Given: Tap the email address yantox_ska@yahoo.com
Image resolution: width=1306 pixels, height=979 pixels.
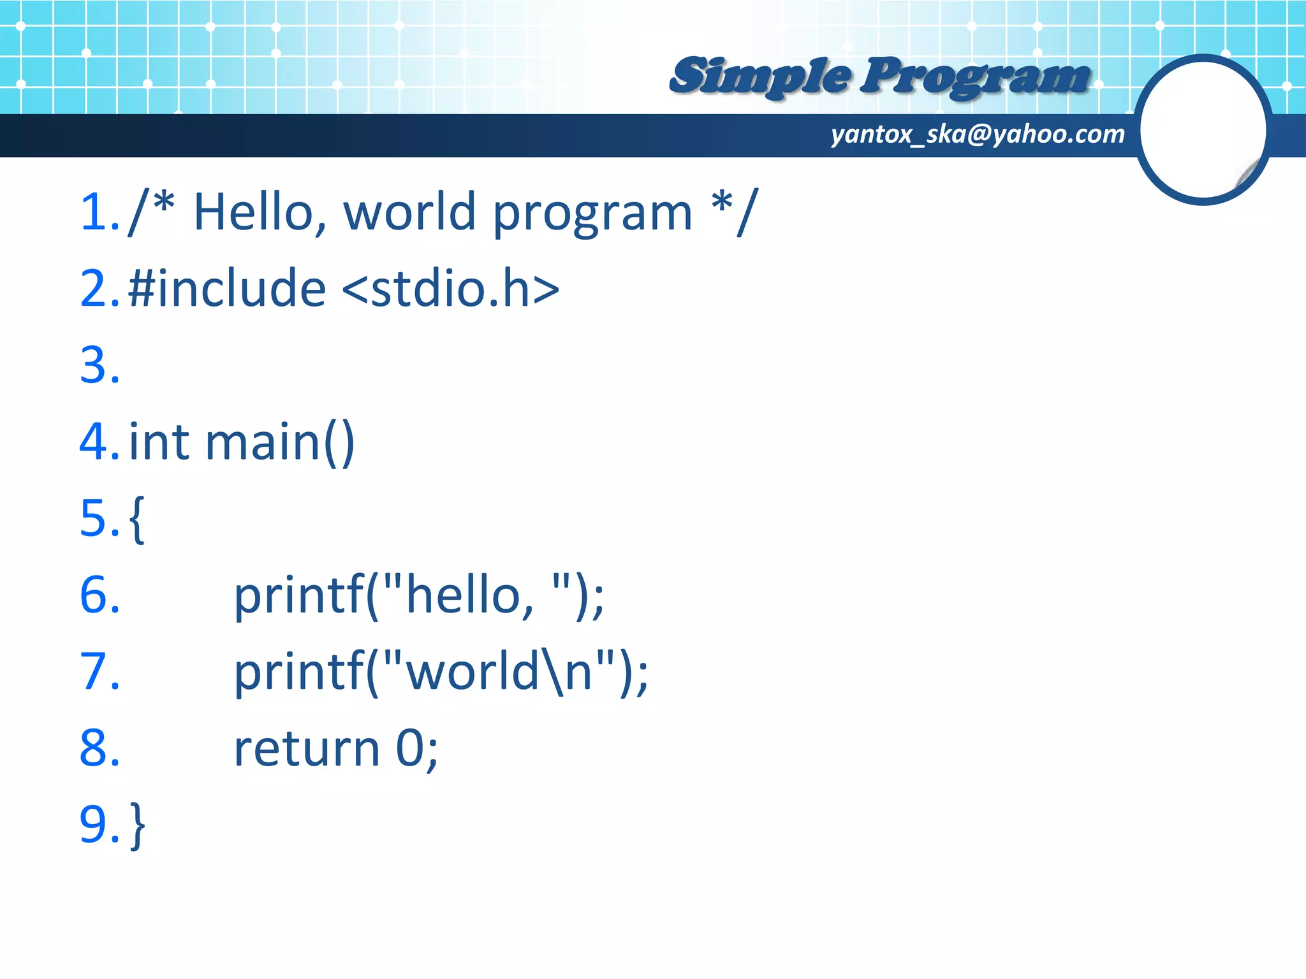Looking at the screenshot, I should pos(977,134).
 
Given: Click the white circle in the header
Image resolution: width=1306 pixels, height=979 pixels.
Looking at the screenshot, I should pos(1202,129).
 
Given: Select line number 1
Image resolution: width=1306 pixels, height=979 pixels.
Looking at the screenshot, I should pos(97,212).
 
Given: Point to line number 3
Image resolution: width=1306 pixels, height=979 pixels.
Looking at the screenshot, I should pos(97,365).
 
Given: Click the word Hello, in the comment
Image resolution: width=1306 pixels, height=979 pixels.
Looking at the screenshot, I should pos(260,212).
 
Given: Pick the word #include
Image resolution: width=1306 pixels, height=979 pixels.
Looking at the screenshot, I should pos(226,289).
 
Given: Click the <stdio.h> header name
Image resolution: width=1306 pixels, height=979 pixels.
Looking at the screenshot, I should pos(450,289).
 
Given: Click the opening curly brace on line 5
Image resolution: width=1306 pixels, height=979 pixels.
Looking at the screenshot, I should pos(136,519).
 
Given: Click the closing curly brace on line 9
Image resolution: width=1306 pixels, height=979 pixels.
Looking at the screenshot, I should pos(138,825).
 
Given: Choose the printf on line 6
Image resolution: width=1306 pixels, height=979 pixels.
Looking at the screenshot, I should pos(298,596).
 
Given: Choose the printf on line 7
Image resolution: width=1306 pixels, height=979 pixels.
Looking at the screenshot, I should pos(298,672).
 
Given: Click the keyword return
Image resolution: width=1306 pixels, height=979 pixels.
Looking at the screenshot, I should pos(307,749).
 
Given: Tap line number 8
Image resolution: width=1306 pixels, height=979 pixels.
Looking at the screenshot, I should pos(97,749).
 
